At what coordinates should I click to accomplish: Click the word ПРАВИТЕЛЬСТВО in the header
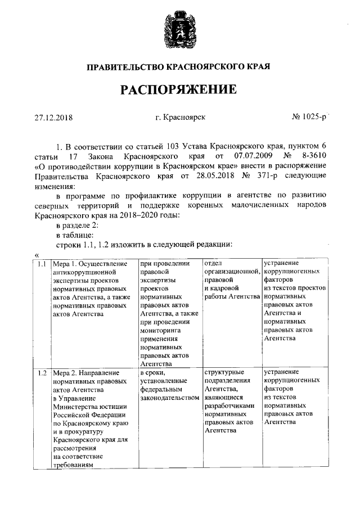point(125,67)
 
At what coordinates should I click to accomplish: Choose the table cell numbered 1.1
point(41,263)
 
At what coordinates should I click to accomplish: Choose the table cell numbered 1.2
point(41,372)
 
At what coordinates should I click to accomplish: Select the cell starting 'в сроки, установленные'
point(169,385)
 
